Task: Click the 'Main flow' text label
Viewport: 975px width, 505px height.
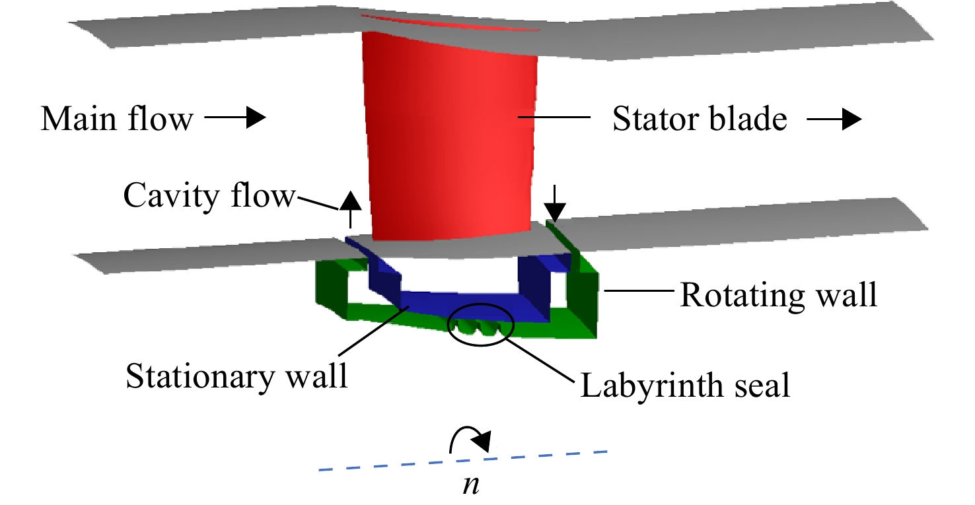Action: pos(117,118)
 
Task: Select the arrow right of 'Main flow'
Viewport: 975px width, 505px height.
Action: pos(235,117)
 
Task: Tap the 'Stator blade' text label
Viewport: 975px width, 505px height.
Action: pos(700,118)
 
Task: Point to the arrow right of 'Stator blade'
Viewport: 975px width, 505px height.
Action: pos(834,119)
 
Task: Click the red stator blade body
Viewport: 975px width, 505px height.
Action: pos(449,135)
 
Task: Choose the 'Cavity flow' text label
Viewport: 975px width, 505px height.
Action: pos(209,196)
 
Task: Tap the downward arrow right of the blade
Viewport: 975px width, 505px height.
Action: pos(554,203)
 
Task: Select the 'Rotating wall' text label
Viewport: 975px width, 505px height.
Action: pos(778,295)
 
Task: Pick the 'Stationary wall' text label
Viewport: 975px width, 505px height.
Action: pos(236,376)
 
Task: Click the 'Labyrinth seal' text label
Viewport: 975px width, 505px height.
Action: pos(685,385)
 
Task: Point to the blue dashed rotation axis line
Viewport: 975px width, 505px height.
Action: pos(462,461)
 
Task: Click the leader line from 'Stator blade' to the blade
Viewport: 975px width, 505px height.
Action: pos(554,117)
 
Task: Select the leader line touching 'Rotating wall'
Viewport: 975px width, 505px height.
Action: pos(639,290)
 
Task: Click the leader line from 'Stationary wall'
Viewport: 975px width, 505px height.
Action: pos(373,331)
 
